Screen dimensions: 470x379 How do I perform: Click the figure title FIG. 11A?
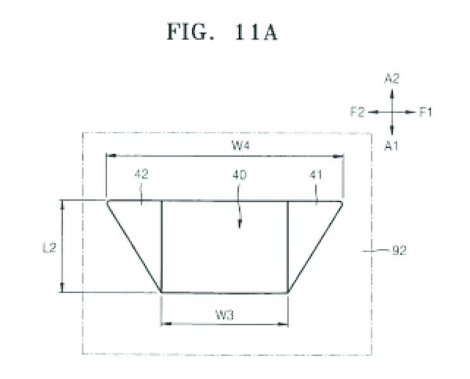(x=222, y=32)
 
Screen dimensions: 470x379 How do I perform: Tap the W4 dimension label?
(x=241, y=146)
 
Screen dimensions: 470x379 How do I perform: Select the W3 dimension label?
(x=225, y=315)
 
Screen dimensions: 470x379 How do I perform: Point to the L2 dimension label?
(x=49, y=248)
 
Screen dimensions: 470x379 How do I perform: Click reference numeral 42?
(x=141, y=174)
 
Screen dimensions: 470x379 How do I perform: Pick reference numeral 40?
(x=239, y=175)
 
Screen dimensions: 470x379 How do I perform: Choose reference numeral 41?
(x=316, y=174)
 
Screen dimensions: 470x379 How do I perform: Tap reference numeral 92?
(x=399, y=250)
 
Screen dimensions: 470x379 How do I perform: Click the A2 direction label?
(x=392, y=79)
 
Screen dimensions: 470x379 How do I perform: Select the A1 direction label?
(x=391, y=146)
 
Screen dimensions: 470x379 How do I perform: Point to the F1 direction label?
(x=425, y=112)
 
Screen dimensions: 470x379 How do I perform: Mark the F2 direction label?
(x=357, y=112)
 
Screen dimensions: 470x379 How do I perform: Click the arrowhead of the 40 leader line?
(x=239, y=225)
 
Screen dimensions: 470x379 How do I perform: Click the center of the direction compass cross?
(x=392, y=112)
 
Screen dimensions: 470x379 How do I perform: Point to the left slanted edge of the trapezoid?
(x=134, y=247)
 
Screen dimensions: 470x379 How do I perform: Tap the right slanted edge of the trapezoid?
(x=315, y=247)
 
